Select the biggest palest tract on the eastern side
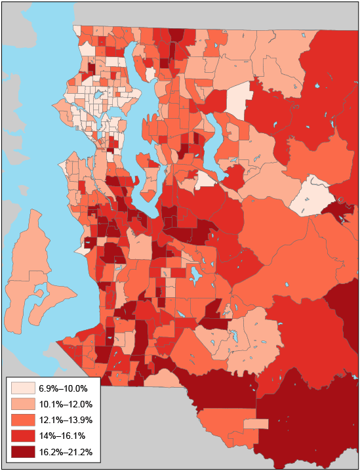(x=311, y=197)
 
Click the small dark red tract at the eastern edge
(x=342, y=212)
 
